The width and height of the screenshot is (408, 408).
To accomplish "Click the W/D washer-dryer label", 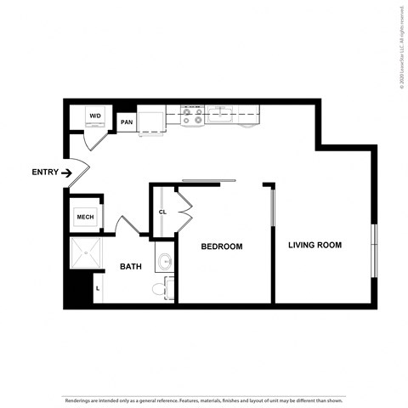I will pos(95,116).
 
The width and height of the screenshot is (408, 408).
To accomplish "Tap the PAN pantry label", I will pos(127,122).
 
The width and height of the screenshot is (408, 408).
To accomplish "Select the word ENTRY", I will pos(45,173).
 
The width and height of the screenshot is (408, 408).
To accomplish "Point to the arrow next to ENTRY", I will pos(67,173).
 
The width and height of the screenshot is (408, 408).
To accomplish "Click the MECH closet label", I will pos(85,217).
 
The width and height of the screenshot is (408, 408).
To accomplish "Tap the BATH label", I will pos(130,267).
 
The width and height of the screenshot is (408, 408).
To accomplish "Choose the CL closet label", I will pos(162,212).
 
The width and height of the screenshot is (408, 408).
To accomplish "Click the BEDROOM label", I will pos(221,246).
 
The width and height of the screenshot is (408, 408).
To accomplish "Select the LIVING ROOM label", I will pos(314,246).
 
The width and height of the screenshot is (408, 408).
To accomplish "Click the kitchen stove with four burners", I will pos(192,116).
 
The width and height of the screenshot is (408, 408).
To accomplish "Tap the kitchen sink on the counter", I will pos(220,113).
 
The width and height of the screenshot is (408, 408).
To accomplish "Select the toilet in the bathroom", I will pos(160,290).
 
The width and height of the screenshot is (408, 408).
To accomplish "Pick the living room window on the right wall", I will pos(373,250).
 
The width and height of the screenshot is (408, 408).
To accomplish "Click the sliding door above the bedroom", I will pos(208,180).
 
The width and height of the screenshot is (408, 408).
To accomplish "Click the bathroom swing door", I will pos(127,226).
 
